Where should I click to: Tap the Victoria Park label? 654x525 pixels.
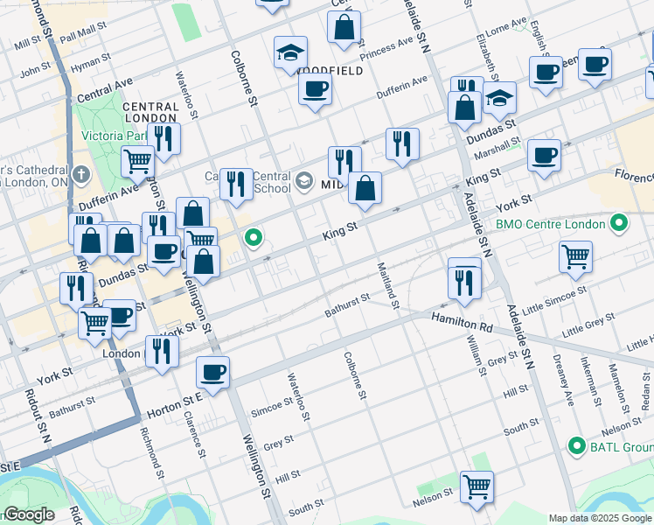(x=115, y=136)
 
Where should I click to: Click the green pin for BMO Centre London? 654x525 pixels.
(x=620, y=224)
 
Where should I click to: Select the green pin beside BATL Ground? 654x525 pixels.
(x=575, y=446)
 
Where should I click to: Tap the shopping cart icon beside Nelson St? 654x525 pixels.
(x=477, y=486)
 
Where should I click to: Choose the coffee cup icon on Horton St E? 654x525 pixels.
(x=212, y=372)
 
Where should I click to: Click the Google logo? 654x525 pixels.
(x=29, y=514)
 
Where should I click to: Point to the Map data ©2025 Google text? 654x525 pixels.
(x=601, y=518)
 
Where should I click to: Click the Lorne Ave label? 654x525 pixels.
(x=506, y=26)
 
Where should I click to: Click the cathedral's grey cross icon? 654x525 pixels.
(x=80, y=174)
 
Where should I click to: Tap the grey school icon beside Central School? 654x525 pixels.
(x=303, y=181)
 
